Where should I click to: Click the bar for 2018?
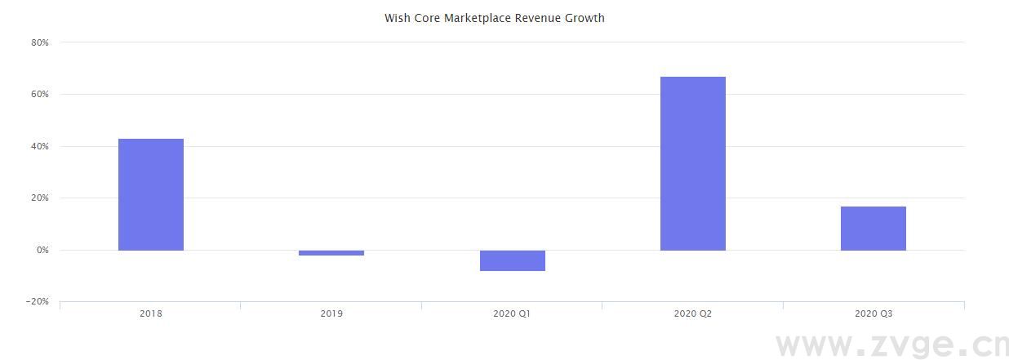(x=151, y=194)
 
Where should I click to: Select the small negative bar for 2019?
(x=331, y=253)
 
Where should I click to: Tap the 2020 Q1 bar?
(x=512, y=260)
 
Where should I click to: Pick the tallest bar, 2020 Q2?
(x=693, y=163)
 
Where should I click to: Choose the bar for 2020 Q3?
(x=873, y=229)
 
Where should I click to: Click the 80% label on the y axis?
(x=40, y=42)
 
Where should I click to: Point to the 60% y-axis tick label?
(x=40, y=95)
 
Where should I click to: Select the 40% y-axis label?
(x=40, y=147)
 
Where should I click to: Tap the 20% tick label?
(x=40, y=198)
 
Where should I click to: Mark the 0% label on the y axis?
(x=42, y=251)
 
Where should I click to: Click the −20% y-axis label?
(x=38, y=302)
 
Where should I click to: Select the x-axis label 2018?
(x=151, y=313)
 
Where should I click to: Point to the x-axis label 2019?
(x=331, y=313)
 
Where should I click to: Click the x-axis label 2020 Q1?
(x=512, y=313)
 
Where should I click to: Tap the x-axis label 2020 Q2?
(x=693, y=313)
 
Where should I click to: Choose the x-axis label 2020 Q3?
(x=873, y=313)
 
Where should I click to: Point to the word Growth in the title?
(x=584, y=18)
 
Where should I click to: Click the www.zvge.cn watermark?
(x=891, y=345)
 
